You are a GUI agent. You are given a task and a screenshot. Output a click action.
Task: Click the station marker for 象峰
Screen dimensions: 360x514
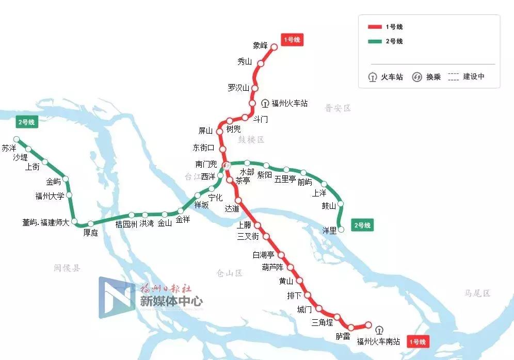click(274, 47)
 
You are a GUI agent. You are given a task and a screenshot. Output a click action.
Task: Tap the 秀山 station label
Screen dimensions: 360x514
click(244, 62)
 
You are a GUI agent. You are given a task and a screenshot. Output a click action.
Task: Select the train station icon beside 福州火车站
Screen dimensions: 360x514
click(265, 103)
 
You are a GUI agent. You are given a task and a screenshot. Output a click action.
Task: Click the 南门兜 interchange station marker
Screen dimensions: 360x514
click(226, 165)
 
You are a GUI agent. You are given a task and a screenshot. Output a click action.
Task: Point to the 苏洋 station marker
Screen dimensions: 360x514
click(17, 139)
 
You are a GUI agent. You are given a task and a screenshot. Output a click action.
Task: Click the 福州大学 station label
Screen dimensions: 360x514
click(50, 196)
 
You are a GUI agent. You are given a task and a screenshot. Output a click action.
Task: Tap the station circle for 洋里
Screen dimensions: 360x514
click(341, 230)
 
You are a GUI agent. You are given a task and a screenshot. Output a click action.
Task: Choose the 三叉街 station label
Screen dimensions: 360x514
click(247, 237)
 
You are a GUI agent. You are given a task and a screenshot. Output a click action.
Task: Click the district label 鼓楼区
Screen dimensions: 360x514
click(251, 140)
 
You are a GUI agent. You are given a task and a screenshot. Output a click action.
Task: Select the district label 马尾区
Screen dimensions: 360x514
click(477, 293)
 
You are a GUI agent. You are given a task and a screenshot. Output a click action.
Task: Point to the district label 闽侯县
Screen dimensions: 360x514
click(67, 268)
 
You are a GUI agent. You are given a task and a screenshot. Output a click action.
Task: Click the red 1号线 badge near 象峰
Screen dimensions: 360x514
click(293, 40)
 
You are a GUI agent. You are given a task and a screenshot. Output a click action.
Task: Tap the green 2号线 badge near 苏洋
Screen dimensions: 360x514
click(26, 122)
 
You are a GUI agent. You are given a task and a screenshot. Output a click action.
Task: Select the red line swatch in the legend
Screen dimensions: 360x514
click(374, 27)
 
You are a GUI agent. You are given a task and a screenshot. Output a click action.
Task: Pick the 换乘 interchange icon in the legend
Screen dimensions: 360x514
click(417, 77)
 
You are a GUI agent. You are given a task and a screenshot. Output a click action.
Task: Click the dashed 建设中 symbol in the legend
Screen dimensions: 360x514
click(453, 77)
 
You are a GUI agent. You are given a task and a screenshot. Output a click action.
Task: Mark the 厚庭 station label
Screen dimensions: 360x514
click(90, 233)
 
